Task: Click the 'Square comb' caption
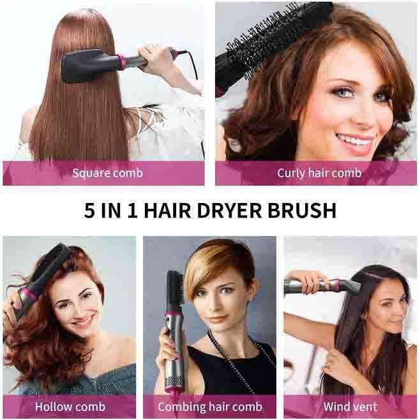point(107,173)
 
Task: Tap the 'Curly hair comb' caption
point(319,173)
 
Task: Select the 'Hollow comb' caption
point(70,407)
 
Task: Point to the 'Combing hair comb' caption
point(210,407)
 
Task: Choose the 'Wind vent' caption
point(350,407)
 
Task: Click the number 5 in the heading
point(89,211)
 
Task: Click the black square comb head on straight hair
point(87,65)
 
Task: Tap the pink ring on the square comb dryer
point(121,63)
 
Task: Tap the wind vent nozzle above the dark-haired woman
point(348,284)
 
